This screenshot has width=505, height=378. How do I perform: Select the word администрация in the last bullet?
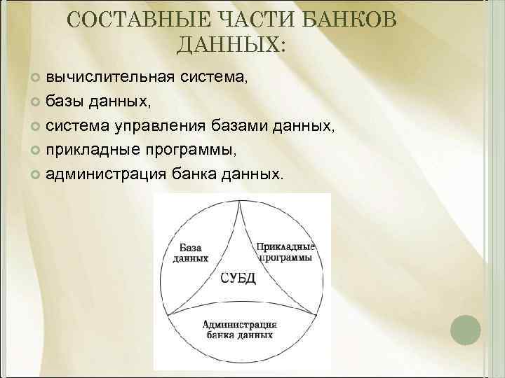coord(107,174)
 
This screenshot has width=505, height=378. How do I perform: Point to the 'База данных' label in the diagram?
coord(191,253)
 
